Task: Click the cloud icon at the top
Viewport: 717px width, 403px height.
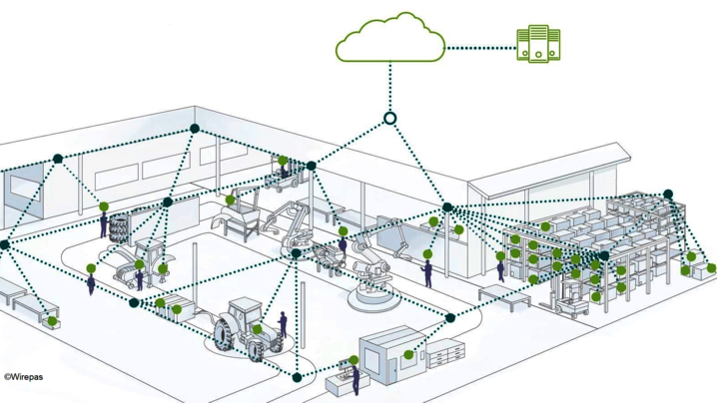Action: (390, 38)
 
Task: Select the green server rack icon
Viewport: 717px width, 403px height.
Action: (538, 44)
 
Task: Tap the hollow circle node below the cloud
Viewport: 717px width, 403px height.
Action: (389, 119)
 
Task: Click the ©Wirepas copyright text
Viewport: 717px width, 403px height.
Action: (23, 377)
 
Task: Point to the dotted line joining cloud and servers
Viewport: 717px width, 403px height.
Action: (481, 48)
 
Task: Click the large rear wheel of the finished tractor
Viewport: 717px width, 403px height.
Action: (224, 335)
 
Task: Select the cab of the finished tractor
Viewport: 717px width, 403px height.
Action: (245, 311)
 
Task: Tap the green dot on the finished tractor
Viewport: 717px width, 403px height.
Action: (257, 329)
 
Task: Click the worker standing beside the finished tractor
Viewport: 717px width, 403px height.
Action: (283, 325)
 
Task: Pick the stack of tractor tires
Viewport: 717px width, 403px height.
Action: (119, 227)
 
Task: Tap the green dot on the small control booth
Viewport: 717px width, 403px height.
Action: (408, 354)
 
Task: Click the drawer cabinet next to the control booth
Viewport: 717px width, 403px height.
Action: (445, 353)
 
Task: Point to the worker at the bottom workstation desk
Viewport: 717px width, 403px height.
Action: (356, 379)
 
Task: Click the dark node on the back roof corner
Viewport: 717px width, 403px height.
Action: (195, 129)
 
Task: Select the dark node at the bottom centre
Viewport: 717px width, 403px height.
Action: (297, 377)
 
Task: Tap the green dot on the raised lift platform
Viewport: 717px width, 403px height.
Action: (283, 161)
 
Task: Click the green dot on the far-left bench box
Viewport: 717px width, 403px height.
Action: (52, 321)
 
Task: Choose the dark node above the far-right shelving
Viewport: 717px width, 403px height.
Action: (668, 195)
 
